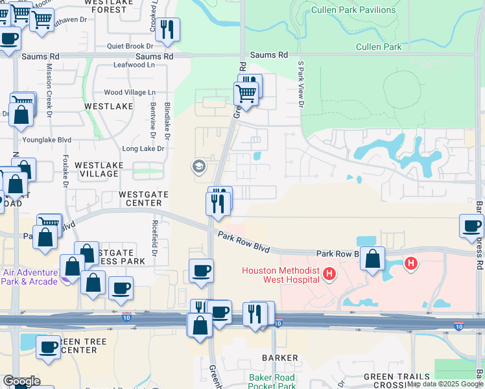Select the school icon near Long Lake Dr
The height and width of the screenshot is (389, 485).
point(199,167)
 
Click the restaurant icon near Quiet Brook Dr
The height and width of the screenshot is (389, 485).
point(168,29)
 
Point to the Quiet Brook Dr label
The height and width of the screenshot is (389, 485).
point(130,46)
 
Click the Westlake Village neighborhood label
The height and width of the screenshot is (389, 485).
point(99,170)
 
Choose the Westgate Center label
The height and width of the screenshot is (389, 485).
point(144,198)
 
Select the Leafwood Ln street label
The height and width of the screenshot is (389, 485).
point(134,65)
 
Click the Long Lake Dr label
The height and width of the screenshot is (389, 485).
point(143,148)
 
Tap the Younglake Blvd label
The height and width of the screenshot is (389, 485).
point(47,139)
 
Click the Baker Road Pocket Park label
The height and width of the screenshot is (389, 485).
point(272,381)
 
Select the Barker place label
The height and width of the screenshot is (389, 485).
point(280,358)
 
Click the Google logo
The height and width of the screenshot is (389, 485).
point(21,381)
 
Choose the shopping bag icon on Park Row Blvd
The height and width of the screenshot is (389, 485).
point(373,258)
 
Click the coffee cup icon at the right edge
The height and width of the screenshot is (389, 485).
point(471,226)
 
